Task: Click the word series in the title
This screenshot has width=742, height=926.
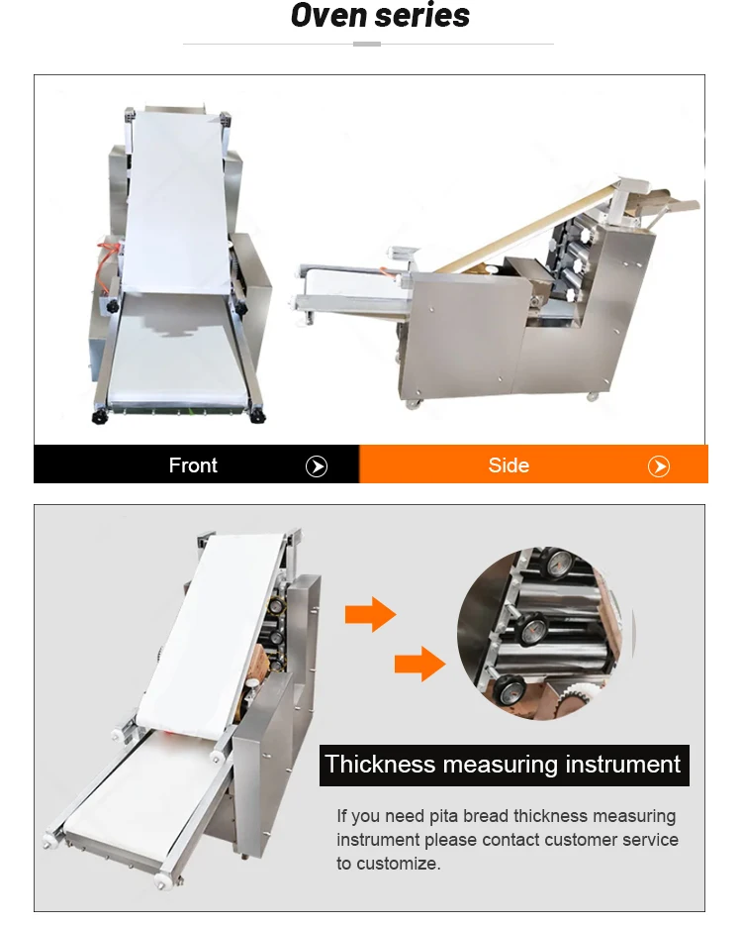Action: pos(422,17)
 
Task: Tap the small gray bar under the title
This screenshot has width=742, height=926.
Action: pos(367,45)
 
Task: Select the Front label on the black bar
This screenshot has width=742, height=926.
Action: pos(193,465)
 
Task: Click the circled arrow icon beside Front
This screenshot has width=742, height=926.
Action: pos(317,466)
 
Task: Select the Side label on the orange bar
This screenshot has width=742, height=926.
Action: pos(509,465)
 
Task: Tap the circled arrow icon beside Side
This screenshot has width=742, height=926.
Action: pos(659,466)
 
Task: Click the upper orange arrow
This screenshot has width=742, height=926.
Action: pos(369,615)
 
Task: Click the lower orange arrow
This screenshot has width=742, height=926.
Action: pos(418,663)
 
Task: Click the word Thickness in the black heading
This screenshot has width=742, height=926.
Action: pos(380,765)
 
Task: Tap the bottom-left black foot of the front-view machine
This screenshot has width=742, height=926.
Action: pos(100,417)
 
